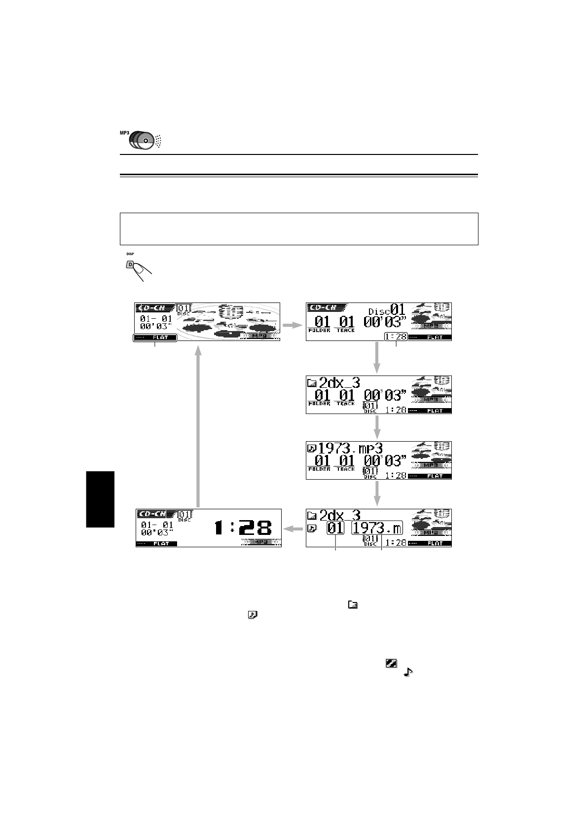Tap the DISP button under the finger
[x=131, y=265]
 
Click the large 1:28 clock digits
[x=243, y=529]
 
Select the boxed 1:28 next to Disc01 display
[x=396, y=337]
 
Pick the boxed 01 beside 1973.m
[x=335, y=529]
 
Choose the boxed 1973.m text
[x=377, y=529]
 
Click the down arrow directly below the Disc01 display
[x=377, y=357]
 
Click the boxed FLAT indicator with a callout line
[x=154, y=338]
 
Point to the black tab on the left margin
[x=100, y=499]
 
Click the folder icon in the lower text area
[x=353, y=604]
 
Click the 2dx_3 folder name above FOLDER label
[x=340, y=382]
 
